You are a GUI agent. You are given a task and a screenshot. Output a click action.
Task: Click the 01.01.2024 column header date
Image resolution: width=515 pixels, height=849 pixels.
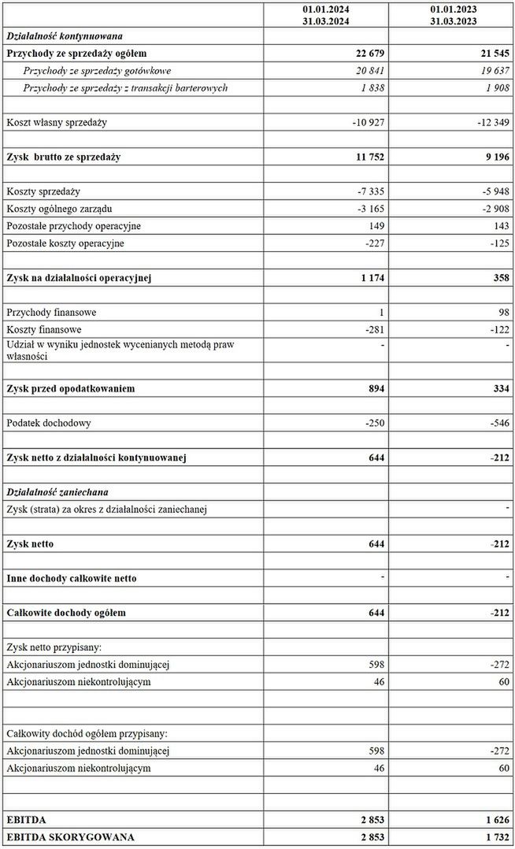tap(326, 9)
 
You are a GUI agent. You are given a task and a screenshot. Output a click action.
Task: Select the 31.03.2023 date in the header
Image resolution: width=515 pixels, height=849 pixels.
tap(453, 21)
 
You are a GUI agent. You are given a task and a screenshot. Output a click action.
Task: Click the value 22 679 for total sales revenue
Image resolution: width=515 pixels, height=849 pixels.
tap(365, 53)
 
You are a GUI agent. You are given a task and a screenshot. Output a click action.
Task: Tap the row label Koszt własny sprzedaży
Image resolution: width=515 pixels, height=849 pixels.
tap(56, 122)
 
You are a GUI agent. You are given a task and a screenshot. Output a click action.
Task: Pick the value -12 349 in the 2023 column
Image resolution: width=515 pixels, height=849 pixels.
tap(493, 122)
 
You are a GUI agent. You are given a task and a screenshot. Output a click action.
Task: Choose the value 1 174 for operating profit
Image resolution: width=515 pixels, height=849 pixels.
tap(369, 278)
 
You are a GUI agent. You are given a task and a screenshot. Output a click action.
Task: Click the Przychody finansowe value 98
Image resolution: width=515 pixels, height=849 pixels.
tap(503, 313)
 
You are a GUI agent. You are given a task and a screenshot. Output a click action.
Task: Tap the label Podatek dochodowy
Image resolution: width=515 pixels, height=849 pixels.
tap(49, 423)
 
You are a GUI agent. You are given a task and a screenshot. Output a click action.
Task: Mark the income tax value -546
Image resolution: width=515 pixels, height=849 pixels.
tap(498, 423)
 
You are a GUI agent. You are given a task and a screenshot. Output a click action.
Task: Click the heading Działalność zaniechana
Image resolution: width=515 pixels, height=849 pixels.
tap(57, 492)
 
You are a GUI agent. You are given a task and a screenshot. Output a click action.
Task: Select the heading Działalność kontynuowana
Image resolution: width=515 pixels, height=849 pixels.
tap(64, 35)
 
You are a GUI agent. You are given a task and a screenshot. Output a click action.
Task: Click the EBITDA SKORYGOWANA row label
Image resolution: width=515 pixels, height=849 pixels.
tap(70, 836)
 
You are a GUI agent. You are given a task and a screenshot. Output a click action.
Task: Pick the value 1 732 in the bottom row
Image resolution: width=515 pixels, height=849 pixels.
tap(495, 836)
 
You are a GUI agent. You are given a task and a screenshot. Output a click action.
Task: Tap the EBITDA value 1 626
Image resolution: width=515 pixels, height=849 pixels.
tap(495, 819)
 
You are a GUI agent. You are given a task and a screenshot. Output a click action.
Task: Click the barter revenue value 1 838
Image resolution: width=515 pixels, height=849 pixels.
tap(370, 87)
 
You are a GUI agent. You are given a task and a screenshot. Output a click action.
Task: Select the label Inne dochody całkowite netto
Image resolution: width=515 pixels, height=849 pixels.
tap(72, 578)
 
